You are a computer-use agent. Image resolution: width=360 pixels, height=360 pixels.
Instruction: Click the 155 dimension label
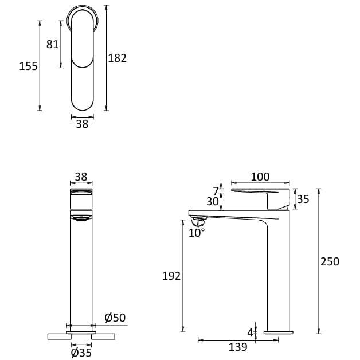pos(28,66)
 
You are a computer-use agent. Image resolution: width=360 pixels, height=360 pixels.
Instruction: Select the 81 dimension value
pos(52,44)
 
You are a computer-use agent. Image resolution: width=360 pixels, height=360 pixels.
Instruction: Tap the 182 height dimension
pos(117,58)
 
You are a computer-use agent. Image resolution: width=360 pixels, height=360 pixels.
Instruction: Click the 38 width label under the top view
pos(82,124)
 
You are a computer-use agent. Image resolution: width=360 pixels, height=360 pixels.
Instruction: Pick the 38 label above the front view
pos(81,177)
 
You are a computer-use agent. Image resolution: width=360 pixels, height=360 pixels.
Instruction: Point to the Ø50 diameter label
pos(115,318)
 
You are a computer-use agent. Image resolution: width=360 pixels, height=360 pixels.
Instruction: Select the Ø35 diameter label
pos(81,353)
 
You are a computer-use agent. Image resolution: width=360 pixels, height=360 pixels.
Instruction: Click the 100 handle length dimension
pos(260,177)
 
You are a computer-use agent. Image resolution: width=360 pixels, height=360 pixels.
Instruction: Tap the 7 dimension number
pos(216,191)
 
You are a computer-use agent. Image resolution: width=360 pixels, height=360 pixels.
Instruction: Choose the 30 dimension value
pos(213,202)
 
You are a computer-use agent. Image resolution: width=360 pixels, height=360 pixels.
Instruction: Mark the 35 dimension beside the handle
pos(303,199)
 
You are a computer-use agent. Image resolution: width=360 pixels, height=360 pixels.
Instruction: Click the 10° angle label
pos(197,233)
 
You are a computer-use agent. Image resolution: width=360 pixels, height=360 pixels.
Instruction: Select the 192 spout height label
pos(171,276)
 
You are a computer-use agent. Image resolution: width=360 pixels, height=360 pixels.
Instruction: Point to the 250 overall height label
pos(330,261)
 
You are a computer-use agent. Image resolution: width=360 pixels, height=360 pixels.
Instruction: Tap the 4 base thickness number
pos(250,332)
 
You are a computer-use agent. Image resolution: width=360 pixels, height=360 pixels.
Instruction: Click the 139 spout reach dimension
pos(237,347)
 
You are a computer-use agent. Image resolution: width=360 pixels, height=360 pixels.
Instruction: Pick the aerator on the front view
pos(81,217)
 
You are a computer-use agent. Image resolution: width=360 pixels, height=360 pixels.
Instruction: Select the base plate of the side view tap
pos(278,332)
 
